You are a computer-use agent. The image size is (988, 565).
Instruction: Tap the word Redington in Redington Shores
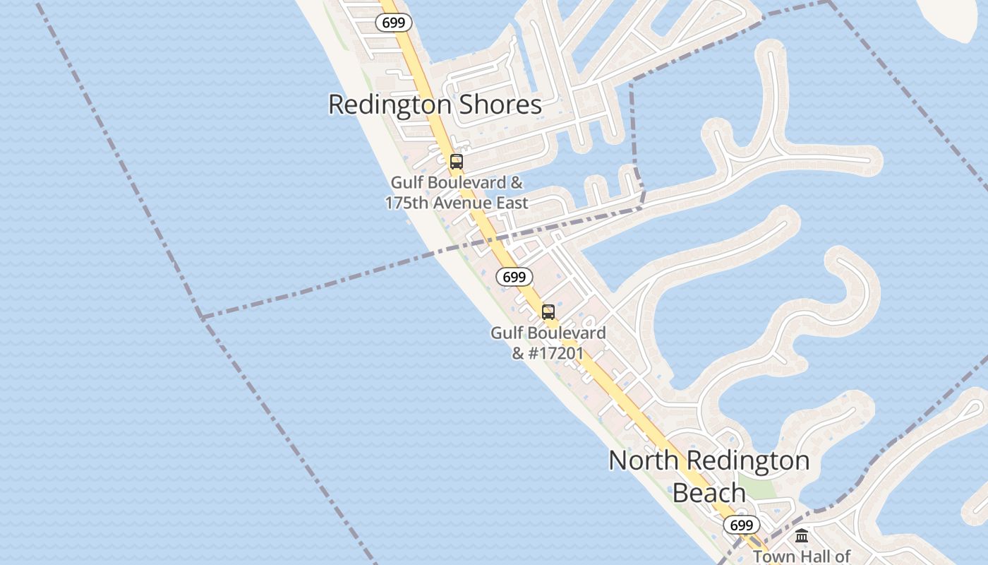389,105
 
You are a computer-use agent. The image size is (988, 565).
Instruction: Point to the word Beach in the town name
709,492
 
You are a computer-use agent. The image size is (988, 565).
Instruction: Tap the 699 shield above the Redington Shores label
393,23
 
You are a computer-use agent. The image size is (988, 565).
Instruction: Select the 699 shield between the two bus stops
514,277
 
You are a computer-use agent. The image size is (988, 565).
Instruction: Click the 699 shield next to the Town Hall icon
741,525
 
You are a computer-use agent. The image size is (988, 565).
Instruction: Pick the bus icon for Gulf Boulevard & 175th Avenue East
457,162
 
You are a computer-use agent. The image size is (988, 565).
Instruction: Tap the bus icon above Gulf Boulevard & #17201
548,312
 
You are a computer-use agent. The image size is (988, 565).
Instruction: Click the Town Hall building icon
802,536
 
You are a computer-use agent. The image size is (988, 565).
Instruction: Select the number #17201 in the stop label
557,352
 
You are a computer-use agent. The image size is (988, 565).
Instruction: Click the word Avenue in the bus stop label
464,203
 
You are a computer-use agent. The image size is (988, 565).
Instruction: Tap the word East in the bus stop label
513,203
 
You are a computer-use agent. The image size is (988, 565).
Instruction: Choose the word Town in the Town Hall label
773,556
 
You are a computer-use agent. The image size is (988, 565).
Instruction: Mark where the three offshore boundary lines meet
202,317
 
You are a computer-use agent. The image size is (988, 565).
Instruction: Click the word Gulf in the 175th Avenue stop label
407,183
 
